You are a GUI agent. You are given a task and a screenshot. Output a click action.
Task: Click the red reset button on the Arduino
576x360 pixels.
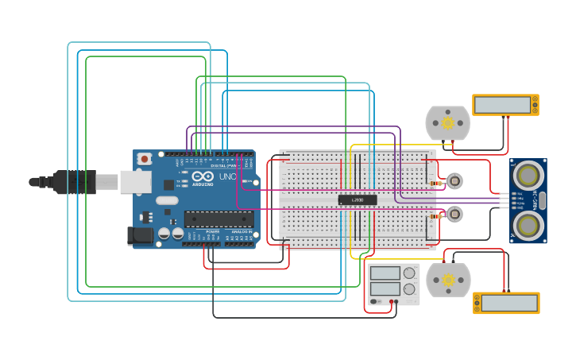pyautogui.click(x=144, y=159)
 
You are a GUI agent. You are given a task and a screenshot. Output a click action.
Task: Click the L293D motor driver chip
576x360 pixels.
pyautogui.click(x=358, y=199)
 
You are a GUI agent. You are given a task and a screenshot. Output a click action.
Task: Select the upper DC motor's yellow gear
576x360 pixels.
pyautogui.click(x=447, y=123)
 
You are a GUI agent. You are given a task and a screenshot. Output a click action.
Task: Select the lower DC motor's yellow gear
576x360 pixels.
pyautogui.click(x=448, y=280)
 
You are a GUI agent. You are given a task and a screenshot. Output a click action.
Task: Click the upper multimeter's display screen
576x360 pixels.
pyautogui.click(x=502, y=105)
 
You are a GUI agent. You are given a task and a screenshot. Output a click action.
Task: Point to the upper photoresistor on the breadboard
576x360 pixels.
pyautogui.click(x=454, y=181)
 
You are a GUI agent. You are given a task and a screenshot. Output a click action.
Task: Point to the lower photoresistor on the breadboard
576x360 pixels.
pyautogui.click(x=454, y=214)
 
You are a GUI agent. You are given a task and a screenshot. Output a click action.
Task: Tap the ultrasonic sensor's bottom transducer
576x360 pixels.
pyautogui.click(x=527, y=225)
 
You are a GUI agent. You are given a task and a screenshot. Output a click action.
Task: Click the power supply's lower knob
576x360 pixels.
pyautogui.click(x=409, y=288)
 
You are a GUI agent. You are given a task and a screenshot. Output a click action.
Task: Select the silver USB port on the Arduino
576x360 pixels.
pyautogui.click(x=135, y=182)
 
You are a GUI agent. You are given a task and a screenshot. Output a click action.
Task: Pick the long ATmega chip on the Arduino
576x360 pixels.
pyautogui.click(x=219, y=219)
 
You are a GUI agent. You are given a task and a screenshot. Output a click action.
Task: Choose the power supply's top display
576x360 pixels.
pyautogui.click(x=385, y=273)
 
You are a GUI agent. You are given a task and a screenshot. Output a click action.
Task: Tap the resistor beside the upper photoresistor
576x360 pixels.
pyautogui.click(x=435, y=184)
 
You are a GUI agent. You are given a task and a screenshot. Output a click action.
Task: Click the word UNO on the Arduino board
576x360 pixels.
pyautogui.click(x=227, y=176)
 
